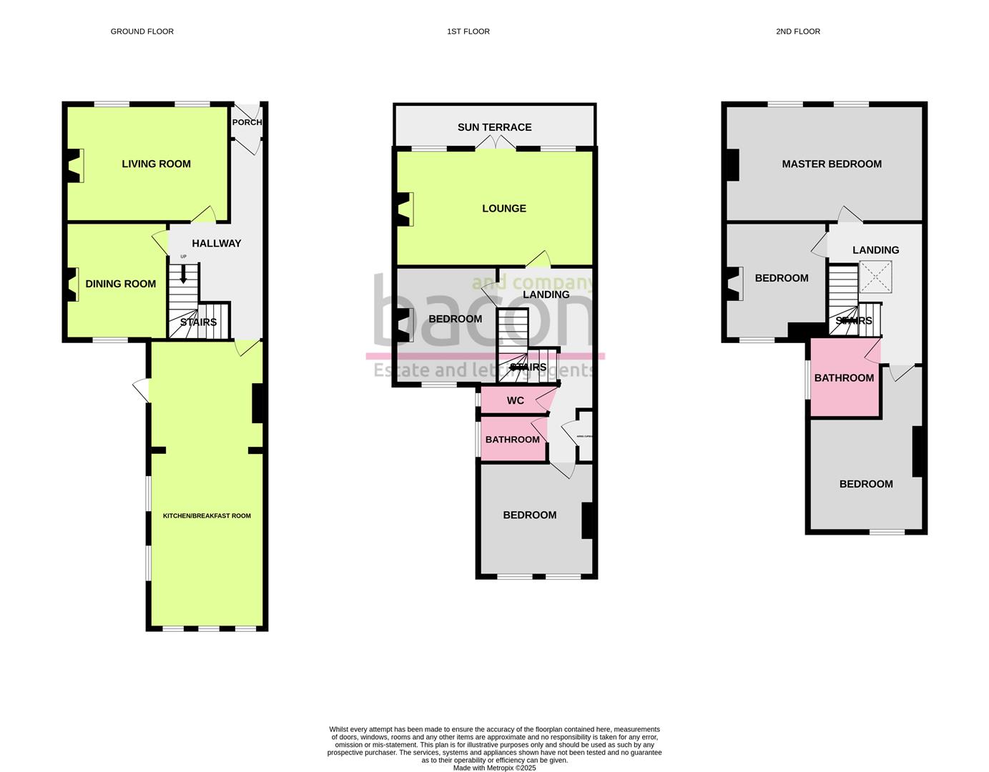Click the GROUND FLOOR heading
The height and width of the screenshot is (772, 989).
pos(142,31)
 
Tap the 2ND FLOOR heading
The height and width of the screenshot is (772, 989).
pos(797,31)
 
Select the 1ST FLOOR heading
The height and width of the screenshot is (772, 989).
pos(468,31)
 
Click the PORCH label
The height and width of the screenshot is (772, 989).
pos(247,122)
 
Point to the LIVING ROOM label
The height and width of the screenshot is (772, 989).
pos(156,164)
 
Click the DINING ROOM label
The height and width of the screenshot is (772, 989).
pos(120,284)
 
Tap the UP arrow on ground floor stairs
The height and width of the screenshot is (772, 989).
pos(183,272)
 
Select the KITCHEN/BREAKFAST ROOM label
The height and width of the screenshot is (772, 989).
pos(207,515)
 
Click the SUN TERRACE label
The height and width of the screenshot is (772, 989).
pos(494,127)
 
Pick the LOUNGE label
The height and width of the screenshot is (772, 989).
pos(503,209)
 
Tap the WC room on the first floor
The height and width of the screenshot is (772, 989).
pos(515,400)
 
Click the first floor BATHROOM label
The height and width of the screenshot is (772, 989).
pos(512,440)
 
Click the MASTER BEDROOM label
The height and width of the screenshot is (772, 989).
pos(831,164)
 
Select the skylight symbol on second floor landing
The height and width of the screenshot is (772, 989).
pos(875,277)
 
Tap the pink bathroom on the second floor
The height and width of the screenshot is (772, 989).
pos(844,378)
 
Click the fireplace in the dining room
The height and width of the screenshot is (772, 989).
pos(74,284)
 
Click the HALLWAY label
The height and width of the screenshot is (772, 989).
pos(216,243)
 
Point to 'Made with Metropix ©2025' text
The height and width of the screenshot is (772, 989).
pos(494,768)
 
